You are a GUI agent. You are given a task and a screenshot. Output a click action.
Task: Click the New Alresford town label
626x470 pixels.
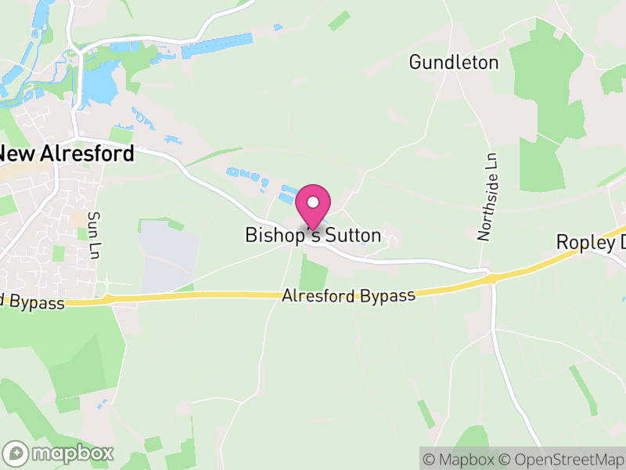click(67, 154)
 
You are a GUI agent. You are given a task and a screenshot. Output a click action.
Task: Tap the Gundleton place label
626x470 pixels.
click(453, 63)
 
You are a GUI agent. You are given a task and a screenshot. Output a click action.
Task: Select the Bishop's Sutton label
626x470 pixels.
click(313, 235)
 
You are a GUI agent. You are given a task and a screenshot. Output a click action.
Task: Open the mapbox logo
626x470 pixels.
click(59, 453)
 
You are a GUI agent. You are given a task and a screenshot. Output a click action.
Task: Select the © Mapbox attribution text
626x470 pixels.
click(461, 459)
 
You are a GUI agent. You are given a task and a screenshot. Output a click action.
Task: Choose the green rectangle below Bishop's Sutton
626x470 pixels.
click(314, 275)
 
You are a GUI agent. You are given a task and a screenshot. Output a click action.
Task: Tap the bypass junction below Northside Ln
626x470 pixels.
click(491, 278)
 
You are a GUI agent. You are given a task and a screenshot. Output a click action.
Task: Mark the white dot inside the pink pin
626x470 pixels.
click(313, 201)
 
